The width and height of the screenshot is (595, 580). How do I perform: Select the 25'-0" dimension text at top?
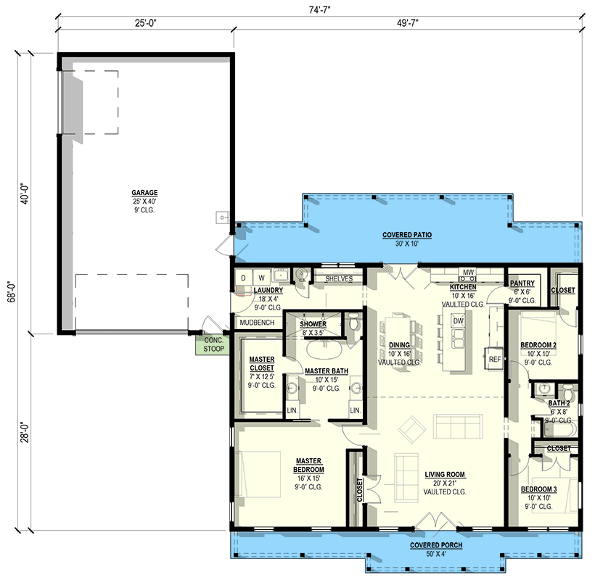click(x=145, y=23)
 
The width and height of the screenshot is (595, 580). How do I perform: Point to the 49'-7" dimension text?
click(x=407, y=23)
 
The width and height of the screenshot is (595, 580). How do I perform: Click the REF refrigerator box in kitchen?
click(x=495, y=358)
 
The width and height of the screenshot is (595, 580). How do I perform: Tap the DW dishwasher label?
click(x=458, y=320)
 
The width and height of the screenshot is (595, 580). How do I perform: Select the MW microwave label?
click(x=468, y=273)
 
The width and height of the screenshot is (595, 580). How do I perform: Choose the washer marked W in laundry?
click(x=261, y=277)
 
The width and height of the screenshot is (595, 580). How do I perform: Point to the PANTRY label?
click(x=522, y=283)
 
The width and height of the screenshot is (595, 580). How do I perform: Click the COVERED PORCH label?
click(x=435, y=545)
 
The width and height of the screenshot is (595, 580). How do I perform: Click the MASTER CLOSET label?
click(x=260, y=363)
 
